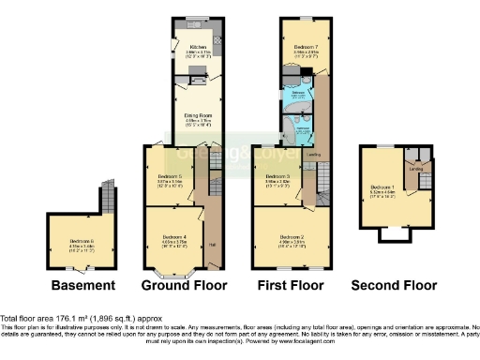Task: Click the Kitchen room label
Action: [x=198, y=45]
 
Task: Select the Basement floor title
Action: [x=83, y=285]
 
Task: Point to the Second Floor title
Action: [x=393, y=285]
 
